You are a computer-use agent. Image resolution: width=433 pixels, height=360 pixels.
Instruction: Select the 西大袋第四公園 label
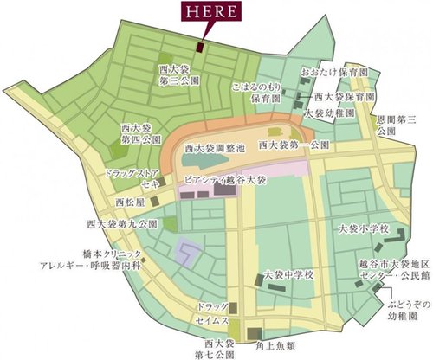click(137, 135)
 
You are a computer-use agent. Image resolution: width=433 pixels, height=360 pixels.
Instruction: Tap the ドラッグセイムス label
click(211, 314)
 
